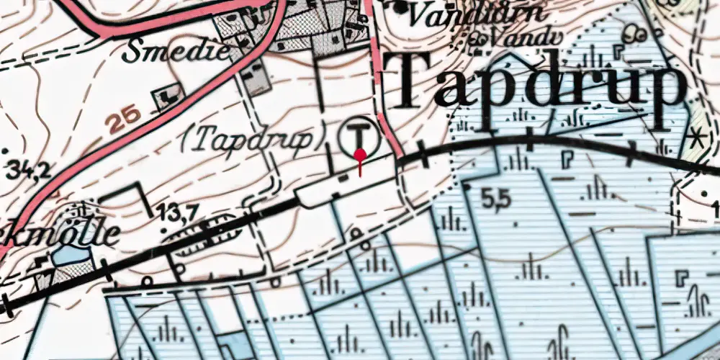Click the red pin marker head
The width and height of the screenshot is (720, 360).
(359, 154)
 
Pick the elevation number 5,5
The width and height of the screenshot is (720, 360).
(496, 201)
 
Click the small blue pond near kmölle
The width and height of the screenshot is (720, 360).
(66, 254)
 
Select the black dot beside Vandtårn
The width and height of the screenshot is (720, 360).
(402, 9)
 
